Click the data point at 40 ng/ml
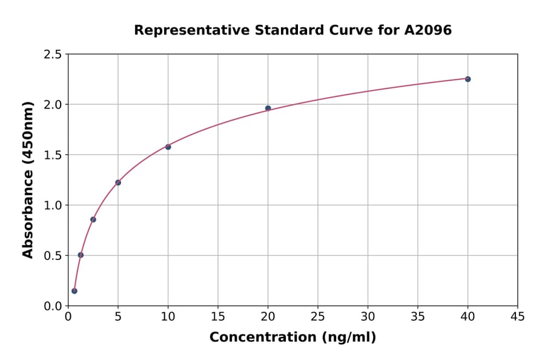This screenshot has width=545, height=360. point(467,79)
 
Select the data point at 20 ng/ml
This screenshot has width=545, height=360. point(268,108)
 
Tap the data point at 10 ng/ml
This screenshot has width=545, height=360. point(168,147)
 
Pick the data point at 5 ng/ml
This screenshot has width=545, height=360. point(118,182)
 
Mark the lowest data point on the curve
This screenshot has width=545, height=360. point(74,291)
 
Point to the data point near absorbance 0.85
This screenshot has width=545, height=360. point(93,219)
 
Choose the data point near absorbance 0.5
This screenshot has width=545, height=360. point(81,255)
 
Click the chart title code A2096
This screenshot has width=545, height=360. point(428,30)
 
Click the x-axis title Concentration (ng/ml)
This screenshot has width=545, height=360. point(292,338)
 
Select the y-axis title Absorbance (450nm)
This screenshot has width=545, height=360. point(28,179)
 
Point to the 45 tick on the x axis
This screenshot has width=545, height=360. point(517,316)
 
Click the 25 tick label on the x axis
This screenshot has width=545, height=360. point(317,316)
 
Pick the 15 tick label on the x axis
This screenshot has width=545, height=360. point(217,316)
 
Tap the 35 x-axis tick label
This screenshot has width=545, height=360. point(417,316)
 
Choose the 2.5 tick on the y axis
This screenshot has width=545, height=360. point(53,55)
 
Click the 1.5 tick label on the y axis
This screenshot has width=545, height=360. point(53,155)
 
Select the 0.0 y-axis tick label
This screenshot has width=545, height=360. point(53,306)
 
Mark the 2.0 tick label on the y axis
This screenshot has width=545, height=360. point(53,105)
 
